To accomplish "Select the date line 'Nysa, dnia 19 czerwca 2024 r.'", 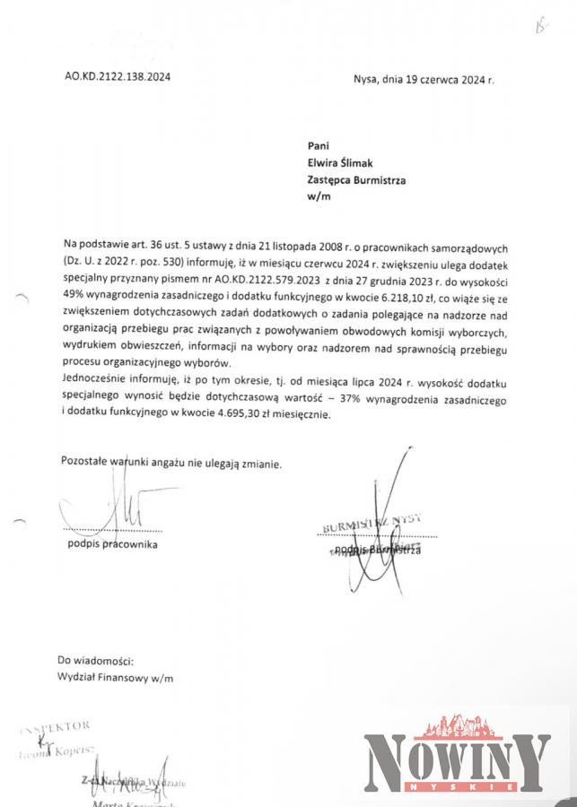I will click(424, 79).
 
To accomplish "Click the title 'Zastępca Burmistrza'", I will click(356, 180).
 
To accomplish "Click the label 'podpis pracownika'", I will click(112, 544).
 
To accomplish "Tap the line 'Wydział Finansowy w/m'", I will click(115, 678).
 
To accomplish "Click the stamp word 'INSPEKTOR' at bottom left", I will click(58, 727).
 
